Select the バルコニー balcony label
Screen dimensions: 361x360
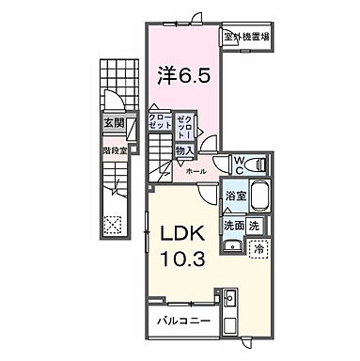183,321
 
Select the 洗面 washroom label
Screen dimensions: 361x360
234,226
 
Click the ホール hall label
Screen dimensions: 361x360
196,173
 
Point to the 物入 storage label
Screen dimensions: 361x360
184,149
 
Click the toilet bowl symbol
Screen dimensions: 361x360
260,165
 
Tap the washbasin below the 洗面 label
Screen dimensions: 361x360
231,246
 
